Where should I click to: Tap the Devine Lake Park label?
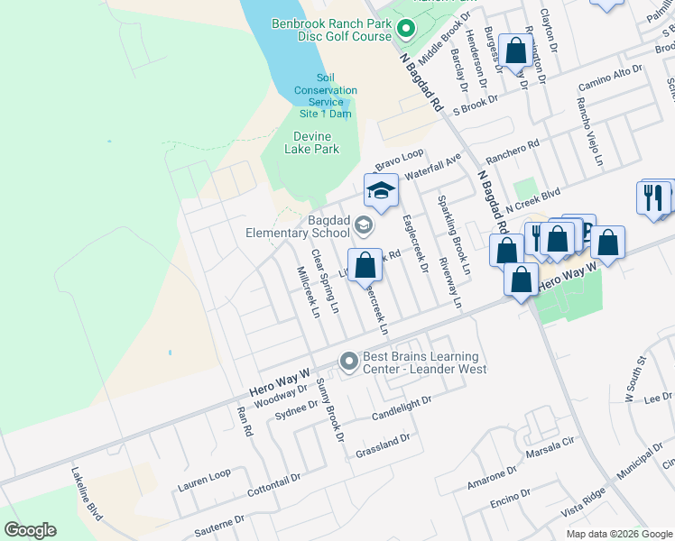click(x=316, y=142)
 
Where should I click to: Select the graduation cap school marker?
click(x=381, y=191)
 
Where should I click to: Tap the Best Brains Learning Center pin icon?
click(x=349, y=362)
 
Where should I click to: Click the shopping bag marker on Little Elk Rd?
click(x=365, y=265)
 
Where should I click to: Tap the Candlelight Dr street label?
click(x=402, y=408)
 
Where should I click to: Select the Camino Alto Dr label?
click(x=610, y=76)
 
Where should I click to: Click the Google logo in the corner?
click(x=30, y=530)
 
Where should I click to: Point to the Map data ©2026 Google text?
click(x=618, y=534)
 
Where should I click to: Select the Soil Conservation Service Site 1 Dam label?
click(x=325, y=96)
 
